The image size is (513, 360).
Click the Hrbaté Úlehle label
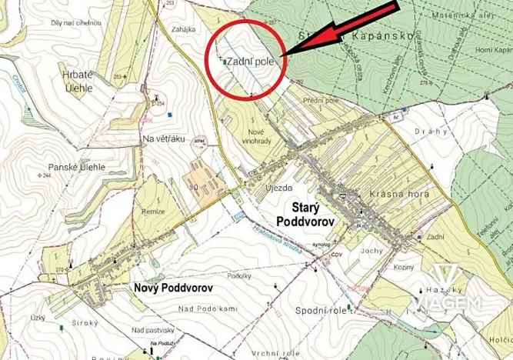(78, 81)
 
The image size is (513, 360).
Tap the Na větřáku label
(164, 138)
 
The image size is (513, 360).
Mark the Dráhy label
(431, 132)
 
